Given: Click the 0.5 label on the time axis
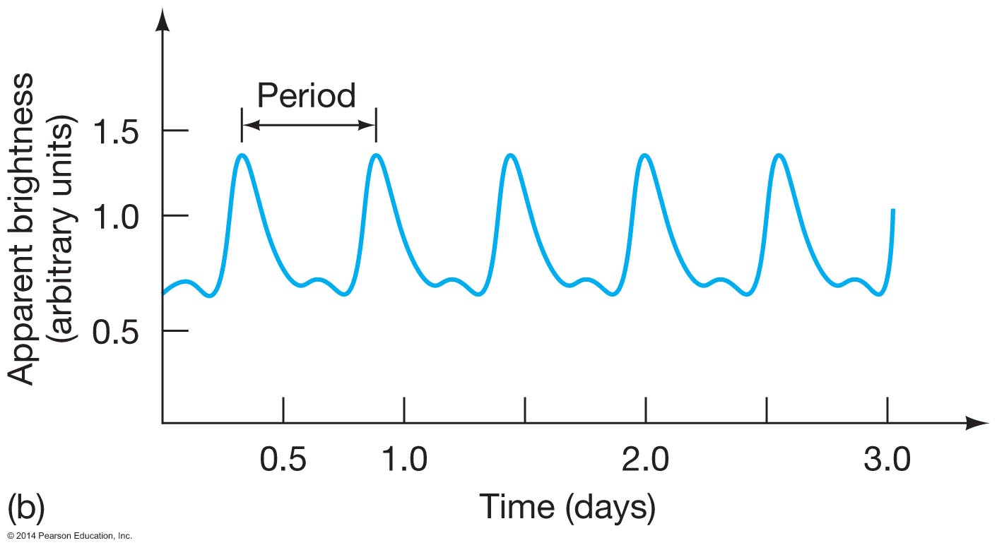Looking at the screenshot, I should (x=283, y=460).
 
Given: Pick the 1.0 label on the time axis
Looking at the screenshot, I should (x=404, y=460).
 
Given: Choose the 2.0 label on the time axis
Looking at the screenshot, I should (x=645, y=460).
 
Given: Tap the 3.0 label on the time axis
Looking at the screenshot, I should (x=887, y=460).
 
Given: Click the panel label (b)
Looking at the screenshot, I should (x=27, y=507).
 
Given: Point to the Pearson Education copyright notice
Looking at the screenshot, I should (x=67, y=537).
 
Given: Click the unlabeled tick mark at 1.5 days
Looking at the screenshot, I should (x=524, y=409).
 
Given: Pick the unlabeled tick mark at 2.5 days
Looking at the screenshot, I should (x=766, y=409).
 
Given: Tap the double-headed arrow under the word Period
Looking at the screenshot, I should (x=309, y=125).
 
